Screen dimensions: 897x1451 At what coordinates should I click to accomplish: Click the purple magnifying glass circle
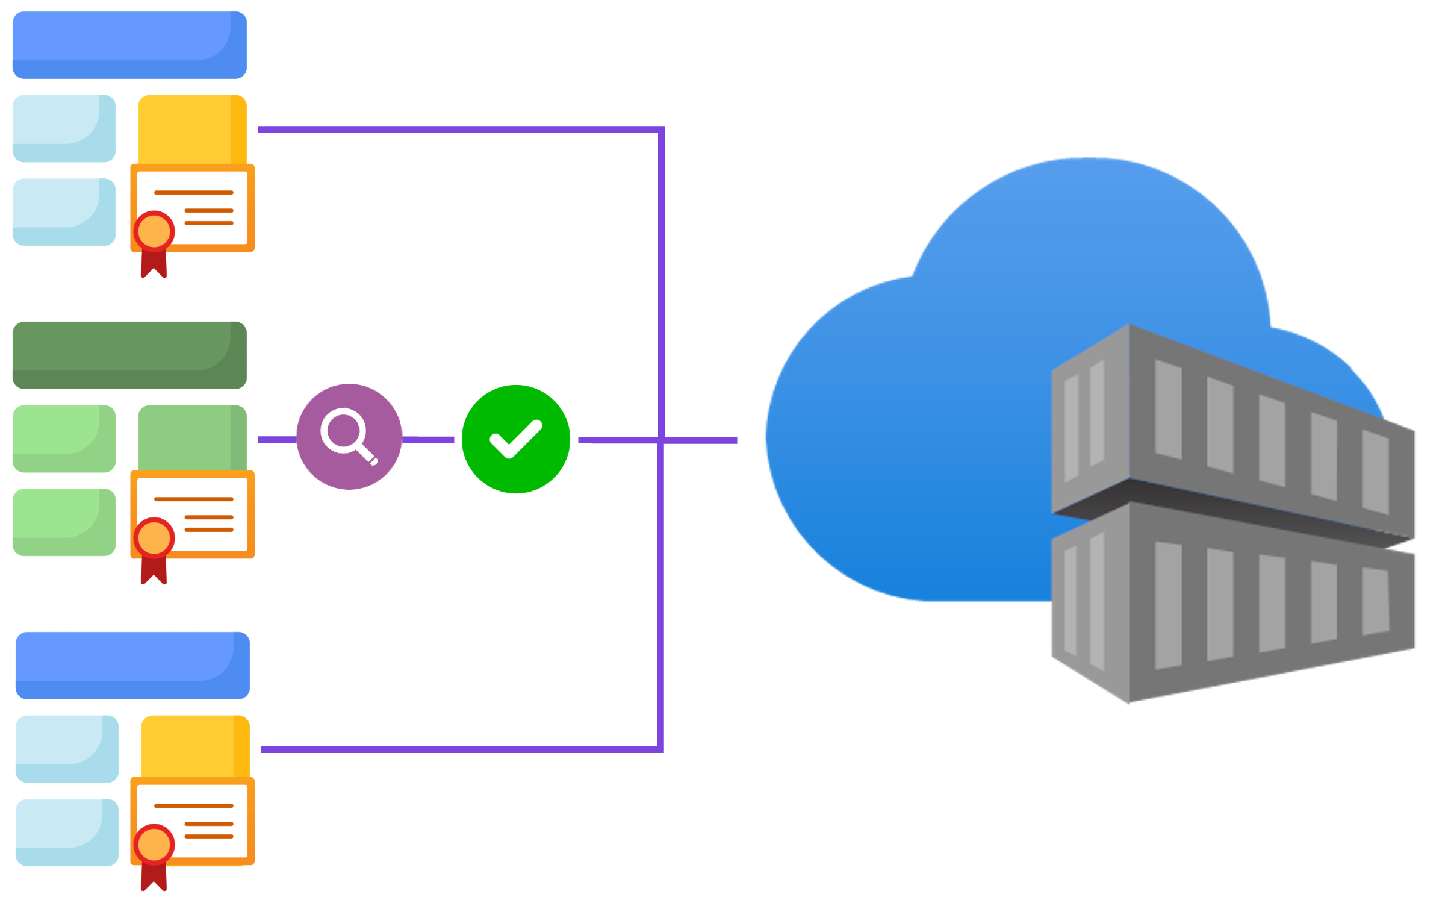pyautogui.click(x=349, y=436)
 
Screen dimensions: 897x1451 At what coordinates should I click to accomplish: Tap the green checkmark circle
pyautogui.click(x=515, y=439)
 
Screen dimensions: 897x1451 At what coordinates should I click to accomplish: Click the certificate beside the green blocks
pyautogui.click(x=193, y=515)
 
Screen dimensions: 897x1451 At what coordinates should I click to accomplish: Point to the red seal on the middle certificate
pyautogui.click(x=154, y=538)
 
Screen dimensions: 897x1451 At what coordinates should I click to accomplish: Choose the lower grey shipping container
pyautogui.click(x=1234, y=602)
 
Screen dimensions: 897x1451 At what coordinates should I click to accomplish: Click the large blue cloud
pyautogui.click(x=933, y=422)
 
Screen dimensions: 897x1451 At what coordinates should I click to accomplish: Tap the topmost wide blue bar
pyautogui.click(x=128, y=44)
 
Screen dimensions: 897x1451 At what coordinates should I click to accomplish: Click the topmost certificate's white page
pyautogui.click(x=199, y=208)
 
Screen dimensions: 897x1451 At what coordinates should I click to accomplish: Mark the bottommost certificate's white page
pyautogui.click(x=199, y=820)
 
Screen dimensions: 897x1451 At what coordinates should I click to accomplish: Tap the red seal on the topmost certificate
pyautogui.click(x=154, y=231)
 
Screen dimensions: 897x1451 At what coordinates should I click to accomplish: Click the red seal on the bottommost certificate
pyautogui.click(x=154, y=845)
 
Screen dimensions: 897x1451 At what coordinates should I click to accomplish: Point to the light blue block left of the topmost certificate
pyautogui.click(x=63, y=211)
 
